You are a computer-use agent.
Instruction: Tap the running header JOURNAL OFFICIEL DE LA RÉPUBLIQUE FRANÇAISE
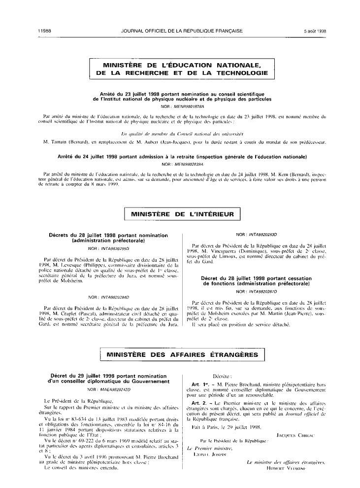coord(182,31)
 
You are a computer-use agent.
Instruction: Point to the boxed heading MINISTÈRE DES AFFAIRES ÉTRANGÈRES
coord(182,354)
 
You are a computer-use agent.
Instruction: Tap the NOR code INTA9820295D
coord(115,249)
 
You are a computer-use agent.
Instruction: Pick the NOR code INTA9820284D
coord(115,297)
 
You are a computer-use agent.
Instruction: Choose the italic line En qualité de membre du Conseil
coord(182,134)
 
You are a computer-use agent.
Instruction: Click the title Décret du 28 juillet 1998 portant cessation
coord(256,281)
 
